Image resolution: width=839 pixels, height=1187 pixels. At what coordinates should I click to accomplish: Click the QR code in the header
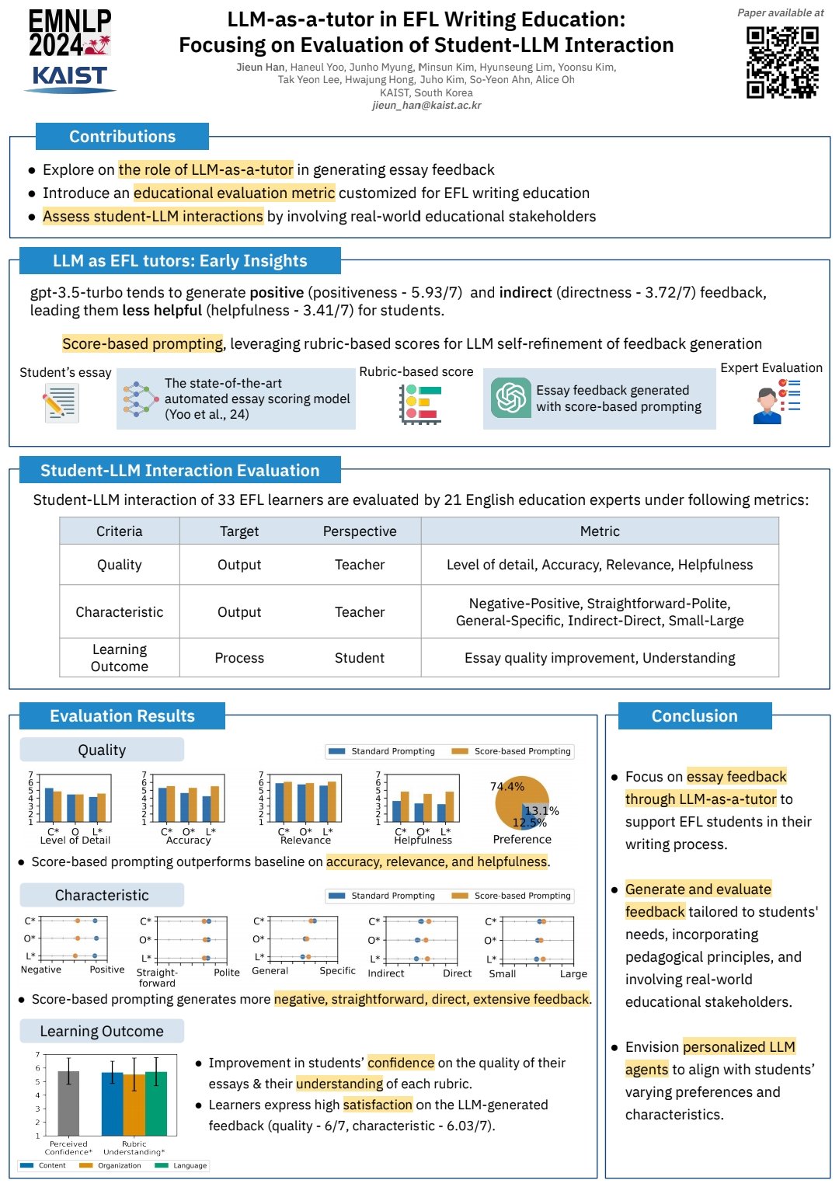point(782,62)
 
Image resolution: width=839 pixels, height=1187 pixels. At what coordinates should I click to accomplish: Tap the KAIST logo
point(70,78)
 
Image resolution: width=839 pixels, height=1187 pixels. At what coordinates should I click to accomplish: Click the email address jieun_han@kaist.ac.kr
point(426,106)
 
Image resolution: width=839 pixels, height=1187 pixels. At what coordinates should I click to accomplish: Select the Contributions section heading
point(122,137)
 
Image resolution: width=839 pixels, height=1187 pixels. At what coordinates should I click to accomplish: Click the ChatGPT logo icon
point(510,398)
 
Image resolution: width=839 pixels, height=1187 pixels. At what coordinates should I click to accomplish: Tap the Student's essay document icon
point(60,403)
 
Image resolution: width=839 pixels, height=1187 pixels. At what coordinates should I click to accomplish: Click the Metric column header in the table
point(600,531)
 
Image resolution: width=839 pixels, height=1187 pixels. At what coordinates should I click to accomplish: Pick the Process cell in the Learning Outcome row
point(239,658)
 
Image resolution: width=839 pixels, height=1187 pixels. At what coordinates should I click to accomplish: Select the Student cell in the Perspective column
point(360,658)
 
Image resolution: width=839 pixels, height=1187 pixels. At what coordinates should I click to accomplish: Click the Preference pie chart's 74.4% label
point(507,787)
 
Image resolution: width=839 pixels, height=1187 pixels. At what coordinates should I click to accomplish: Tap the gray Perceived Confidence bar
point(68,1103)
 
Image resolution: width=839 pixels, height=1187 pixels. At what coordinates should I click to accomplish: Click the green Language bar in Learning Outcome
point(156,1103)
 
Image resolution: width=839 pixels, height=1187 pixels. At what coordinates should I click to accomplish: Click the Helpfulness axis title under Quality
point(423,841)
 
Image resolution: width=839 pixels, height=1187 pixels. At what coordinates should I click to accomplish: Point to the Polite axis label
point(227,973)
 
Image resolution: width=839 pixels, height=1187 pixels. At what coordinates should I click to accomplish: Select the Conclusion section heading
point(695,716)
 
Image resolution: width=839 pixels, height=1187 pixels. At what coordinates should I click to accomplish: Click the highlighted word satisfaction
point(378,1105)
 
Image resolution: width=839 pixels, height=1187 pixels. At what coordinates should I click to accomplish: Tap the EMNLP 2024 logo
point(70,33)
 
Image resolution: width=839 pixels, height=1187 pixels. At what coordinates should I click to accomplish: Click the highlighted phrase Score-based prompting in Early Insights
point(143,344)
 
